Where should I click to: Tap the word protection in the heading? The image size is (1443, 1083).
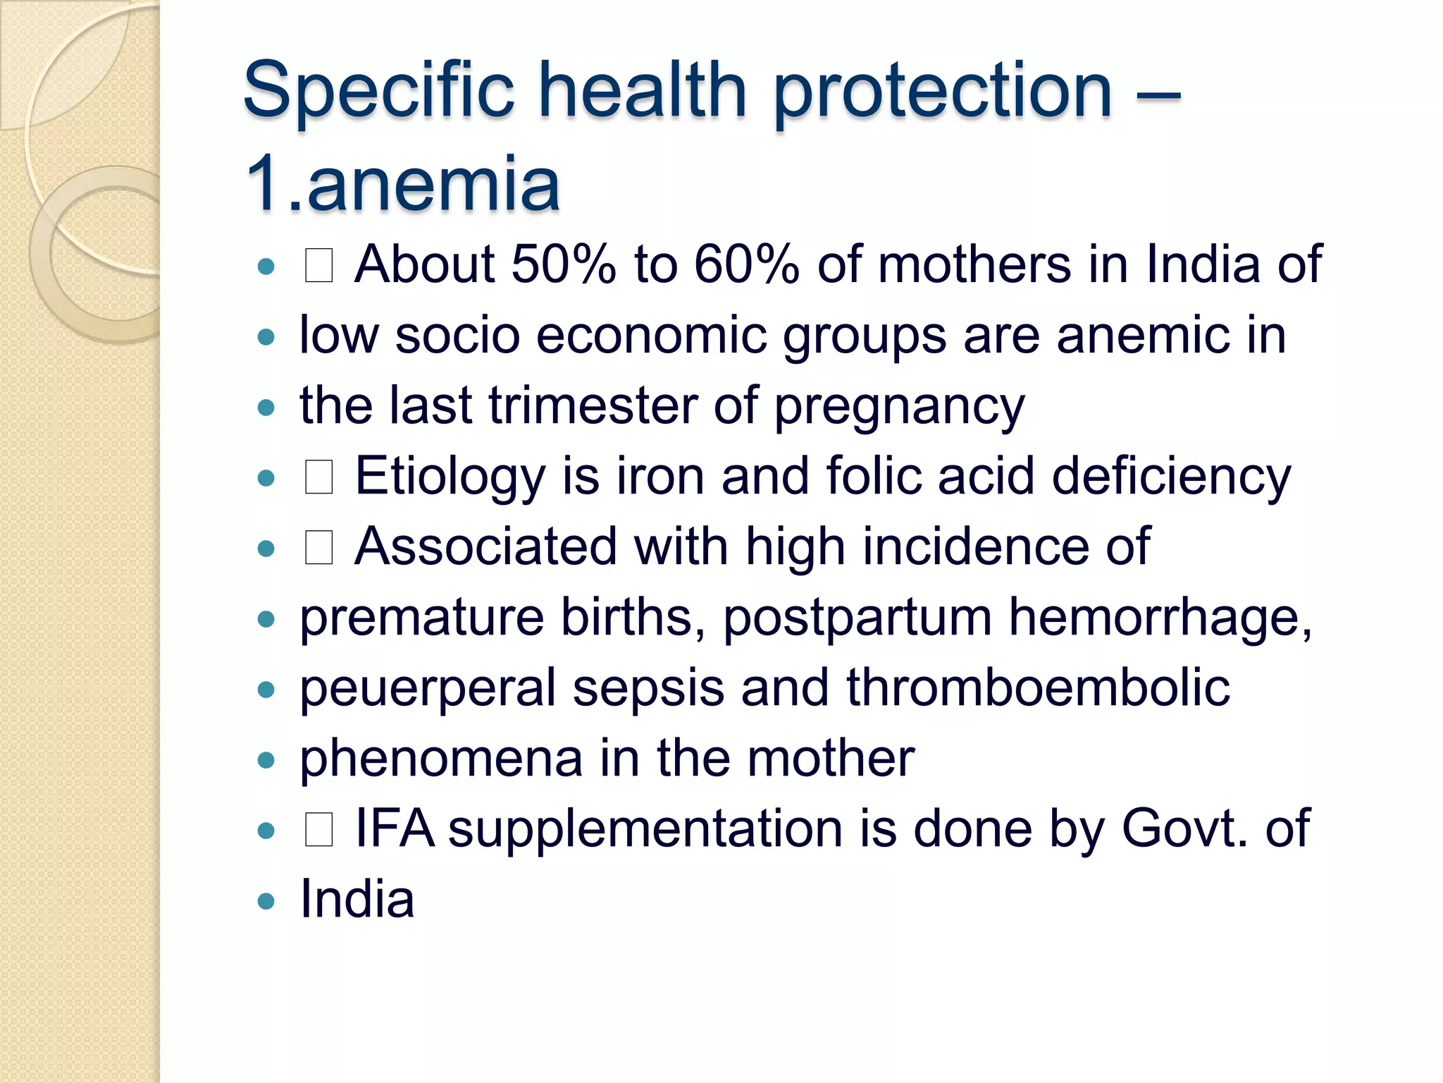click(x=943, y=92)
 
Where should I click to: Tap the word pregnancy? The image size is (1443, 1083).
click(x=900, y=408)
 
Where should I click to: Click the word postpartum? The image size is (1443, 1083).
click(x=857, y=618)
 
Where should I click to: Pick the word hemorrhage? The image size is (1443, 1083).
click(x=1160, y=618)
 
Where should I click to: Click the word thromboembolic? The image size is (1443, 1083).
click(x=1038, y=687)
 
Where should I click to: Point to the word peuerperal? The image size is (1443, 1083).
click(x=428, y=689)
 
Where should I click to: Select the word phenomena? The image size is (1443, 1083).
click(x=441, y=759)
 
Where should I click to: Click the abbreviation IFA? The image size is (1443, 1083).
click(x=395, y=828)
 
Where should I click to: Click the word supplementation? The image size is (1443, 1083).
click(x=645, y=830)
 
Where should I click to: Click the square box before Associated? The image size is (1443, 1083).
click(x=318, y=548)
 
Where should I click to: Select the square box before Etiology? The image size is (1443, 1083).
click(x=318, y=477)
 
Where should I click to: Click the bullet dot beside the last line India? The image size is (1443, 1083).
click(x=266, y=900)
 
